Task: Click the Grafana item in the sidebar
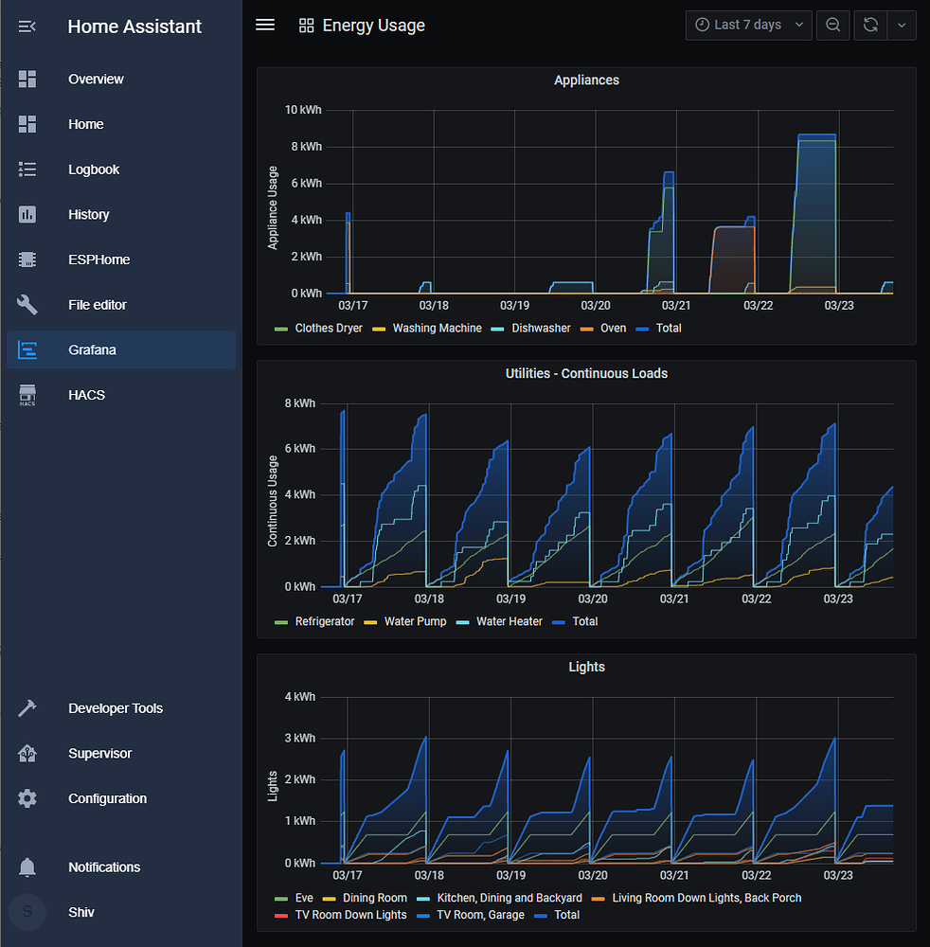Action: pyautogui.click(x=91, y=350)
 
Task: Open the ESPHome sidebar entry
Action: pyautogui.click(x=98, y=259)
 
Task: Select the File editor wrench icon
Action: pyautogui.click(x=27, y=305)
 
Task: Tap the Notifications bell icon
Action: pyautogui.click(x=27, y=867)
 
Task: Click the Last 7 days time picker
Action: pyautogui.click(x=748, y=25)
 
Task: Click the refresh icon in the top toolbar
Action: pyautogui.click(x=869, y=26)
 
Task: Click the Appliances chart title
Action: pyautogui.click(x=586, y=80)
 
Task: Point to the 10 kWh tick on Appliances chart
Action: pyautogui.click(x=303, y=111)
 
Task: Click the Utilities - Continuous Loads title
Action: pyautogui.click(x=586, y=374)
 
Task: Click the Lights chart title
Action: pyautogui.click(x=586, y=668)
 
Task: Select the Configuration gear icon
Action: pyautogui.click(x=27, y=799)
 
